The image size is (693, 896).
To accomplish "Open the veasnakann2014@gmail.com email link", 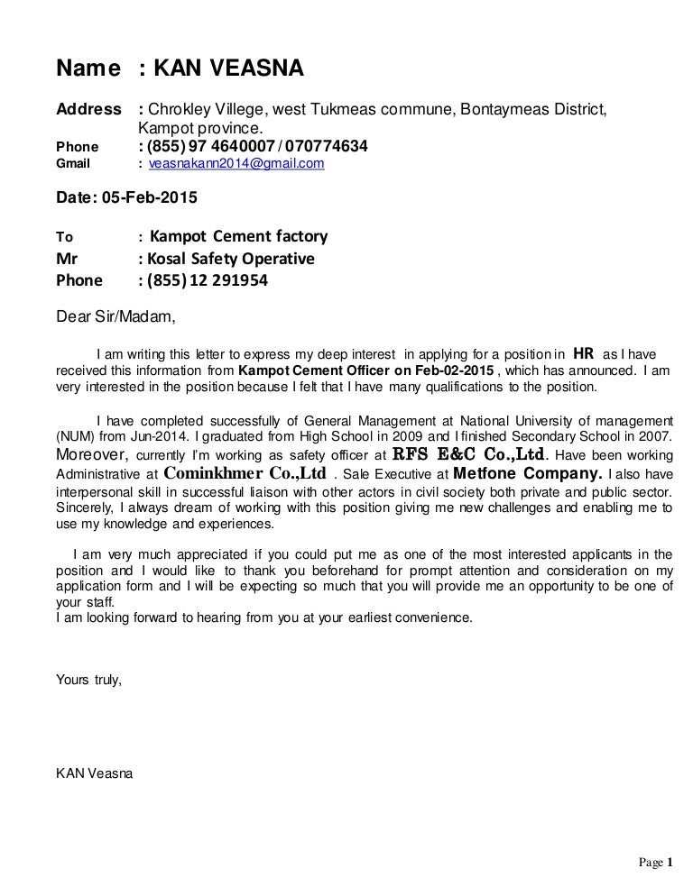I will pyautogui.click(x=236, y=164).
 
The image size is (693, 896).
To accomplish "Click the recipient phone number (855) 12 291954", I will pyautogui.click(x=208, y=280).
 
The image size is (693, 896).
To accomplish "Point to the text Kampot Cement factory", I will pyautogui.click(x=238, y=237).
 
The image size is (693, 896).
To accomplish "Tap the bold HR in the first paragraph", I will pyautogui.click(x=584, y=352).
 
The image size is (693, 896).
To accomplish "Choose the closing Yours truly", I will pyautogui.click(x=88, y=679).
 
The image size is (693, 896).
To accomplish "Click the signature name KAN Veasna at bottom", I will pyautogui.click(x=94, y=773).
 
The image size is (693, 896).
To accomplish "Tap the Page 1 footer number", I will pyautogui.click(x=657, y=863).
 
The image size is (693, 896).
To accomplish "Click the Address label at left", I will pyautogui.click(x=88, y=110).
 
